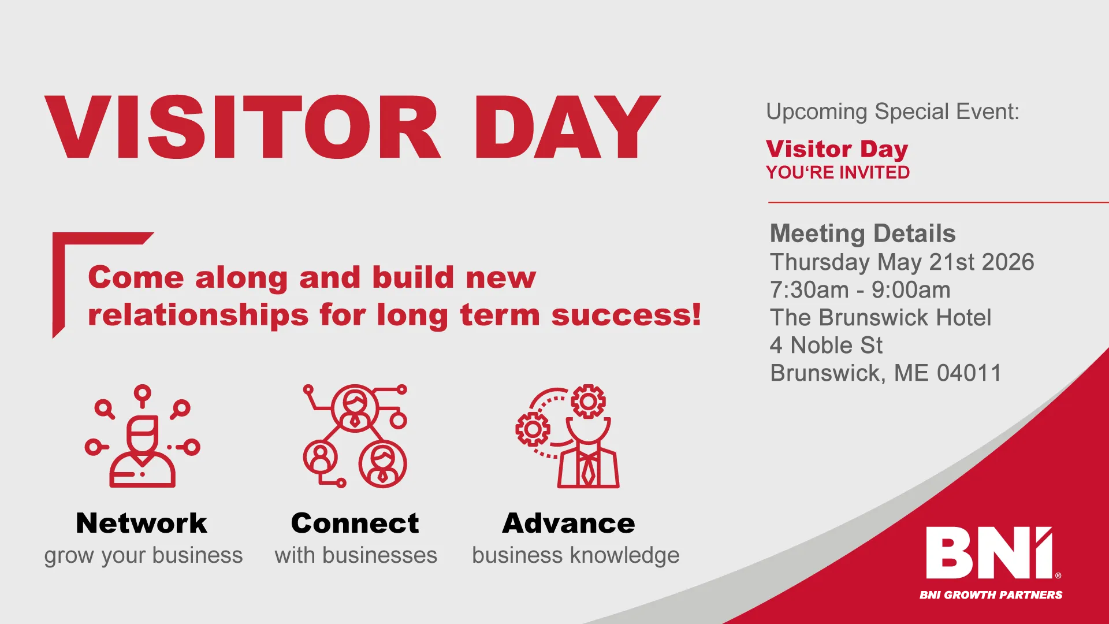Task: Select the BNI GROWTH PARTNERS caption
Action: [x=991, y=595]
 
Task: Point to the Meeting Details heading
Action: [x=862, y=234]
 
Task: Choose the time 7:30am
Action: [x=809, y=290]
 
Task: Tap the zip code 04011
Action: [x=969, y=373]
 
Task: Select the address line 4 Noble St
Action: [x=826, y=346]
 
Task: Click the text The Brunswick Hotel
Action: [x=880, y=318]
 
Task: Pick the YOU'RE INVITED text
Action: [x=838, y=173]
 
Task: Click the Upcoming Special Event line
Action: [x=892, y=112]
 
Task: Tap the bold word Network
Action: [x=142, y=523]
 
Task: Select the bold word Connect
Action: [x=355, y=523]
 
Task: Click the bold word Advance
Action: [x=569, y=523]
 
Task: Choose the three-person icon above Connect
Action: [x=355, y=437]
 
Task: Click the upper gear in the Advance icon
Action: [x=588, y=400]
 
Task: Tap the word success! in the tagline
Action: [x=626, y=315]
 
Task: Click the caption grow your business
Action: [x=143, y=556]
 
